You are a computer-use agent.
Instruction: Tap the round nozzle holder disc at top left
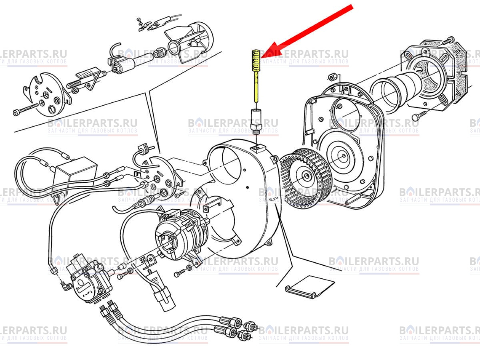(x=48, y=94)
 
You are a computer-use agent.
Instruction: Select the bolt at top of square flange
(x=448, y=40)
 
